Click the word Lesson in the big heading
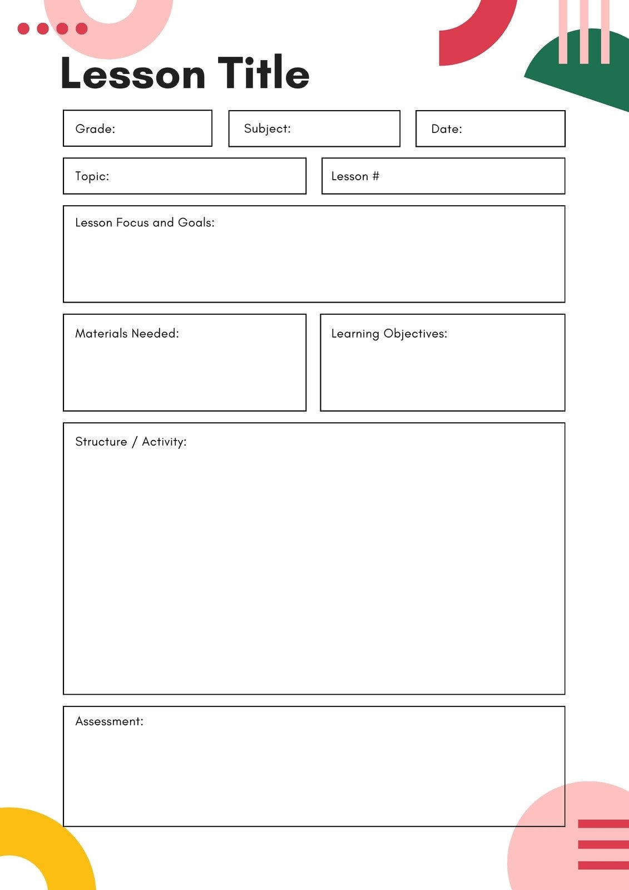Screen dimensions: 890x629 coord(133,74)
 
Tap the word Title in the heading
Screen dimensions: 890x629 coord(263,73)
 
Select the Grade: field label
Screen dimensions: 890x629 coord(95,129)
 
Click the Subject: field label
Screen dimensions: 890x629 coord(267,128)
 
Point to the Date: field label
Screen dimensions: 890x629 coord(447,129)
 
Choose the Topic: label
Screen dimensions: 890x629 coord(92,176)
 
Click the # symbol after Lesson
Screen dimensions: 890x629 coord(376,176)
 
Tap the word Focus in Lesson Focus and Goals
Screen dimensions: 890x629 coord(132,222)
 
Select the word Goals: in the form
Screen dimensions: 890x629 coord(196,222)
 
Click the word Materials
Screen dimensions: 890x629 coord(101,333)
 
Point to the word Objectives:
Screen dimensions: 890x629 coord(415,334)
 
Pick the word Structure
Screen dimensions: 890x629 coord(101,442)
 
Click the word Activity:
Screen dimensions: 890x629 coord(164,442)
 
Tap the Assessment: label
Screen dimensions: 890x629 coord(109,721)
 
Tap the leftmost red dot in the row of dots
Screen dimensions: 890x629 coord(23,28)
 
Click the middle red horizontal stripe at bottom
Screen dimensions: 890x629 coord(603,844)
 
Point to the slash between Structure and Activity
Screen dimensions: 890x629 coord(134,442)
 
